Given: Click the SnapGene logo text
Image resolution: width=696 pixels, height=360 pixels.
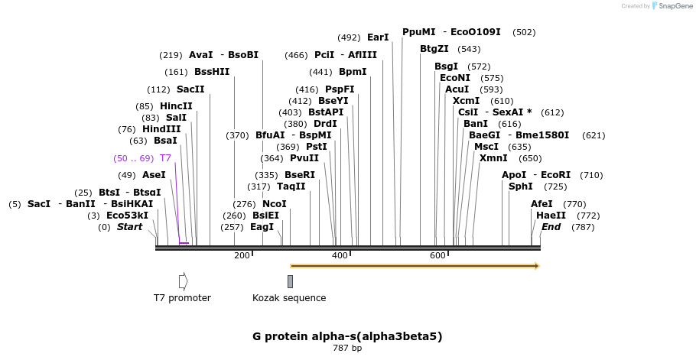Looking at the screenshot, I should tap(674, 5).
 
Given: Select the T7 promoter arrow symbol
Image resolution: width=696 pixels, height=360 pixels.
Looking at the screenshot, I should tap(183, 281).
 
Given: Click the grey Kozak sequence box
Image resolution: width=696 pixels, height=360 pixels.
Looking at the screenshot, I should tap(290, 281).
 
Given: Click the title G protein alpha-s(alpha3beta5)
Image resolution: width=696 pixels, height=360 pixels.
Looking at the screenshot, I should tap(347, 336).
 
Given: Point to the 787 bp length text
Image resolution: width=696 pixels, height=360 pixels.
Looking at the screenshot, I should tap(347, 349).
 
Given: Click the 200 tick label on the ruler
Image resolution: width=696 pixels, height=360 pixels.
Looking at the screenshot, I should tap(242, 255).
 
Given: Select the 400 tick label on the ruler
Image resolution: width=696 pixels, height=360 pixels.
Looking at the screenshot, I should tap(340, 255).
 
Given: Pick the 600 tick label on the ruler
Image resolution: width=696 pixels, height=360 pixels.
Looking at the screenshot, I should tap(437, 255).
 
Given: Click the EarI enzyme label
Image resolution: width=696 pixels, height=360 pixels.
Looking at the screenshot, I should tap(378, 37).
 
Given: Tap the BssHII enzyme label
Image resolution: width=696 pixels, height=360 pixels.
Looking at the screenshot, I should tap(212, 72).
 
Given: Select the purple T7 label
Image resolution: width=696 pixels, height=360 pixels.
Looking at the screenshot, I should tap(165, 158).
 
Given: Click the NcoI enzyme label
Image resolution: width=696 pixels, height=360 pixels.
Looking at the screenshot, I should tap(275, 204).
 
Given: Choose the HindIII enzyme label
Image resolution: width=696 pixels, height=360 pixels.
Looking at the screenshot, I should tap(161, 129).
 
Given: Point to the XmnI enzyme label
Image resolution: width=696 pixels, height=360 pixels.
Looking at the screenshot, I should tap(493, 158).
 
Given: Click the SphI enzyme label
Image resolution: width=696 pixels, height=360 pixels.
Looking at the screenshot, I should tap(521, 186).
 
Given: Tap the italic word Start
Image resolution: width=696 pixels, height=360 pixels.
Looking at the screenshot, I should tap(129, 227).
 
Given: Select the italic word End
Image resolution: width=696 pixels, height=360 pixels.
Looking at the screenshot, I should tap(551, 227).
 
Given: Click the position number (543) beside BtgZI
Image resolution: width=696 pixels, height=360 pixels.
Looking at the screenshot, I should tap(469, 49).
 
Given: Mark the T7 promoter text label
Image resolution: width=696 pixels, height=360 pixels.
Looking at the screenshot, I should tap(182, 298).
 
